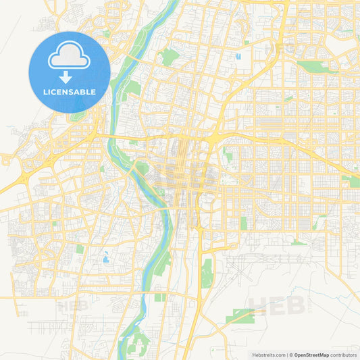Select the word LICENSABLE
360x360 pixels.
(69, 92)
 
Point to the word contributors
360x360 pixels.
(344, 354)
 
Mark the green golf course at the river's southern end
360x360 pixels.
(138, 341)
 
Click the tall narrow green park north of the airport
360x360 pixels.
(244, 223)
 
